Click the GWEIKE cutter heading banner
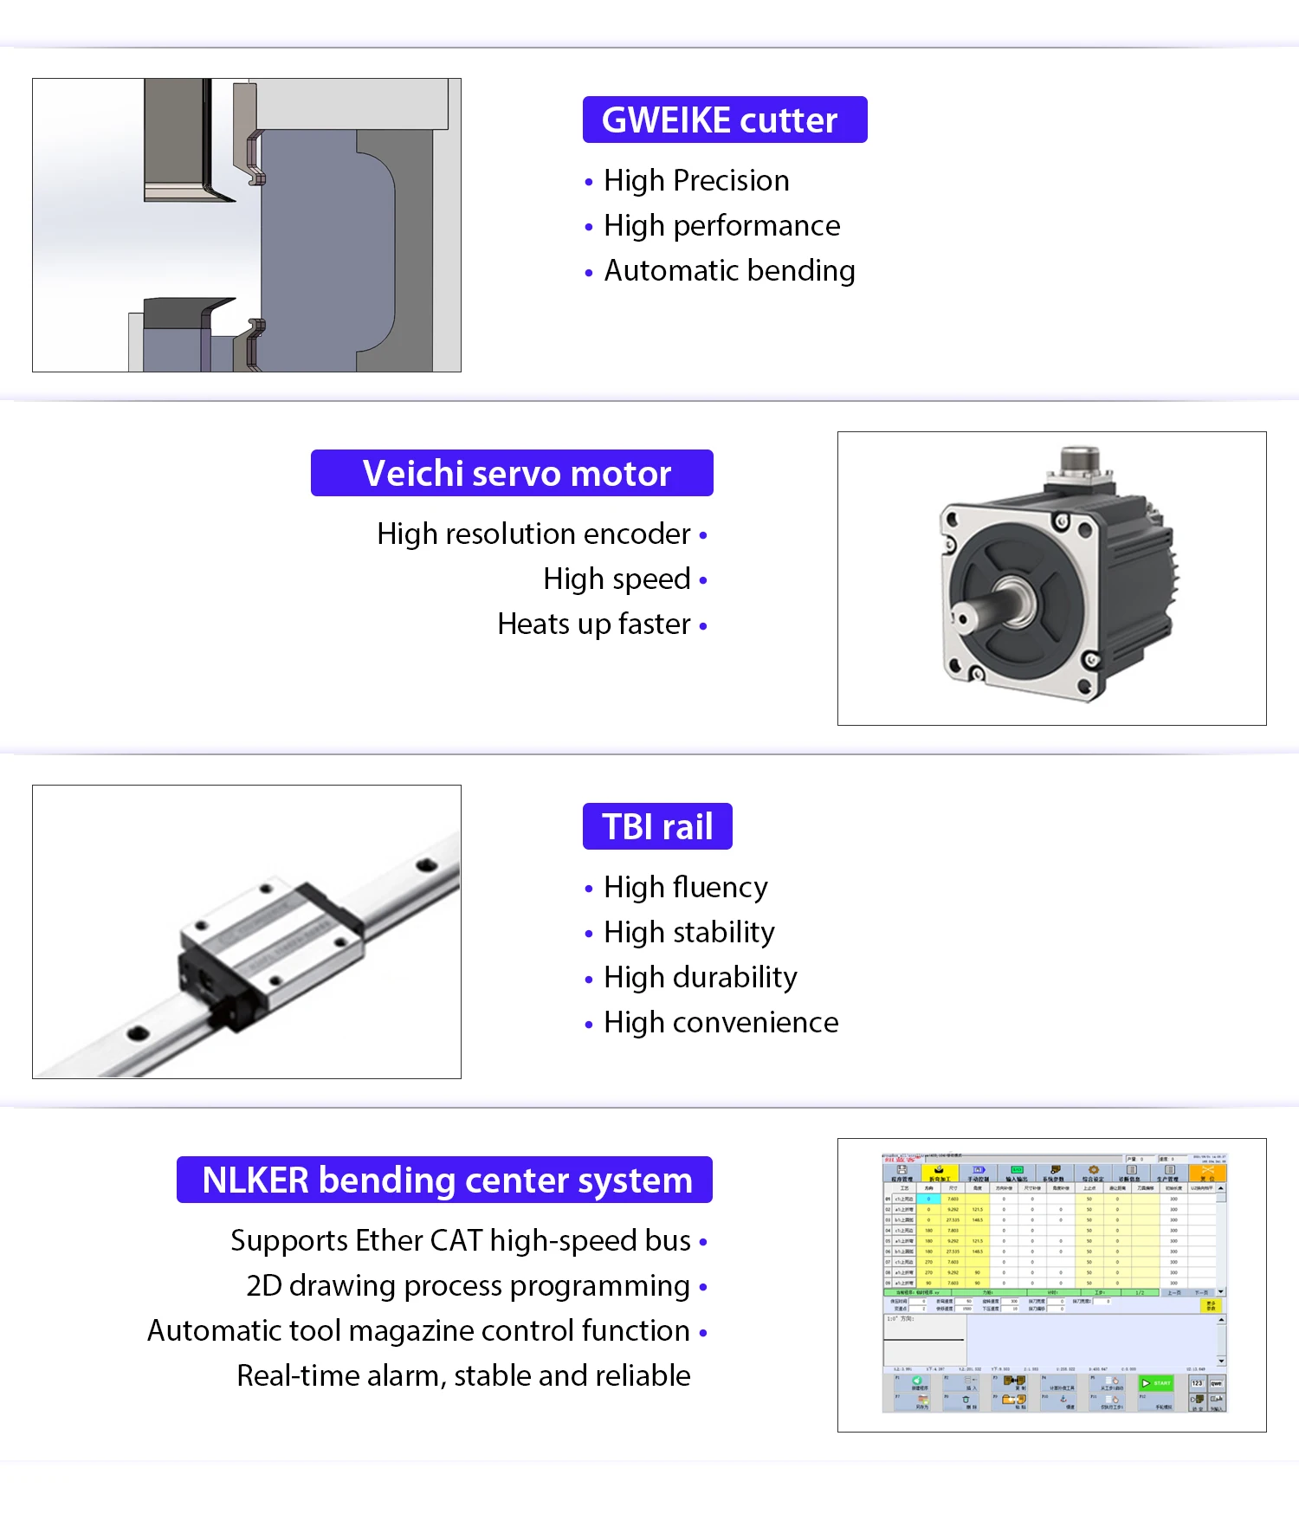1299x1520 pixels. [724, 120]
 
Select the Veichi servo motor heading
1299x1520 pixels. [512, 473]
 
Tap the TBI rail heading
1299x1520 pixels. [657, 826]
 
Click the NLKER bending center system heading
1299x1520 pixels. [445, 1180]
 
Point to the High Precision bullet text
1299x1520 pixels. [696, 180]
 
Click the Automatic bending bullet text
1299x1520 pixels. [729, 270]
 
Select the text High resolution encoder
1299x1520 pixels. [533, 534]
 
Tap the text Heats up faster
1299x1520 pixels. [594, 624]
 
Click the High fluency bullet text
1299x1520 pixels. [685, 887]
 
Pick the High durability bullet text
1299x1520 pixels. [700, 977]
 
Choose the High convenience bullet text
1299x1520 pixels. [721, 1022]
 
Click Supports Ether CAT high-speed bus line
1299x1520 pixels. [461, 1240]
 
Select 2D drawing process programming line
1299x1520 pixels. [468, 1285]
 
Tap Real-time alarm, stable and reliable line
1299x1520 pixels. [463, 1375]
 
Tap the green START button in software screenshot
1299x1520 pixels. [1156, 1383]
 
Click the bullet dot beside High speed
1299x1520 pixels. [703, 580]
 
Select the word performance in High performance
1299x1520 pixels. [757, 225]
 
